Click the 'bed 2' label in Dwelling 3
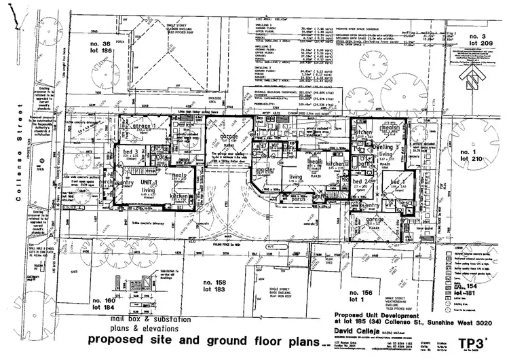[x=361, y=182]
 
